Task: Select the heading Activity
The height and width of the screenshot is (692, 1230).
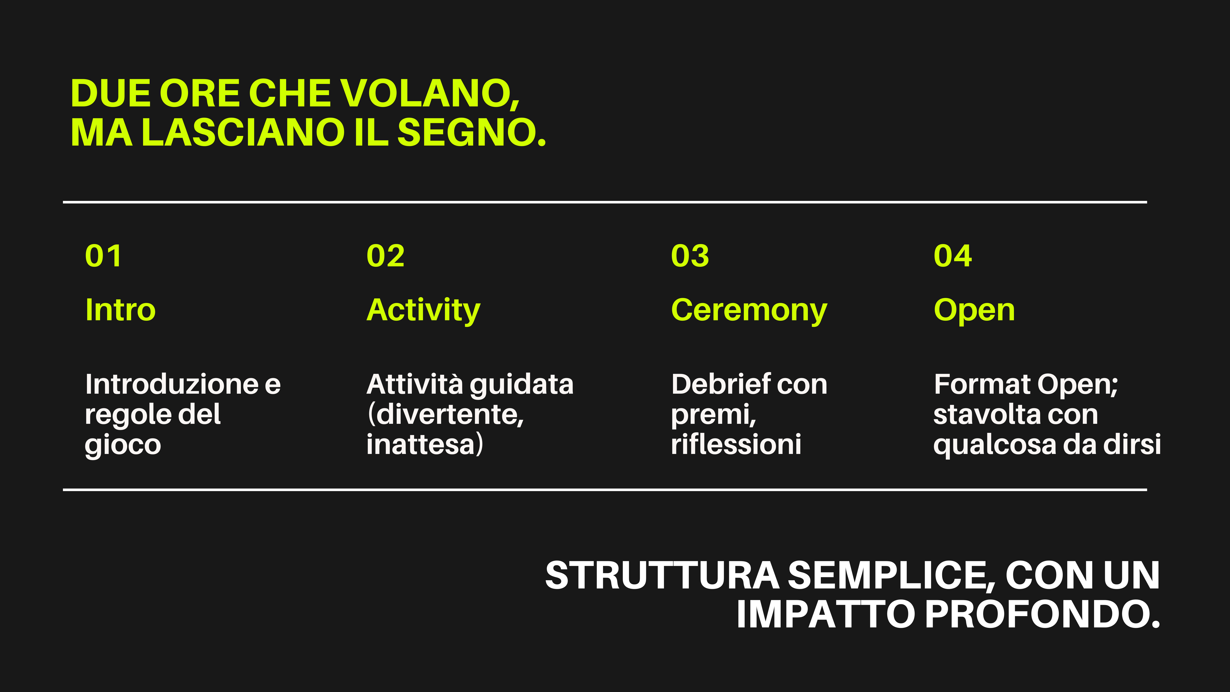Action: (x=423, y=311)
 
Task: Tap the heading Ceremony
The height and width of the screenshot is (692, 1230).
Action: (x=749, y=311)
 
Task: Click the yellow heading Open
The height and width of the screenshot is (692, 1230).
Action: (x=974, y=311)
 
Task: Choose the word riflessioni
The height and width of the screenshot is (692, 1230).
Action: (x=736, y=444)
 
